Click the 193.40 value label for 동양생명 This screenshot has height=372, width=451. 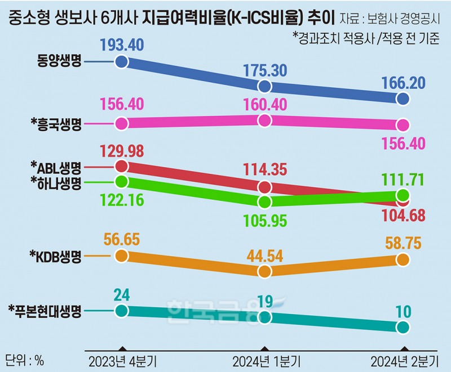tap(122, 45)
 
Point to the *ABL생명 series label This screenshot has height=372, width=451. tap(56, 167)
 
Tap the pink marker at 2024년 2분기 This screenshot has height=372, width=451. tap(403, 125)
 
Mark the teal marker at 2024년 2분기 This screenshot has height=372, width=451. tap(403, 327)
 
